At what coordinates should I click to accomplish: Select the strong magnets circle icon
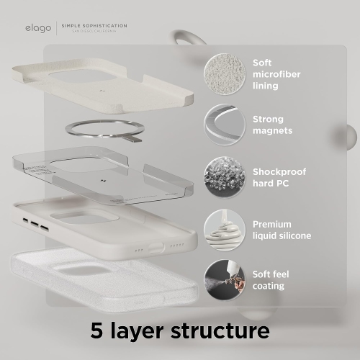[x=223, y=124]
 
